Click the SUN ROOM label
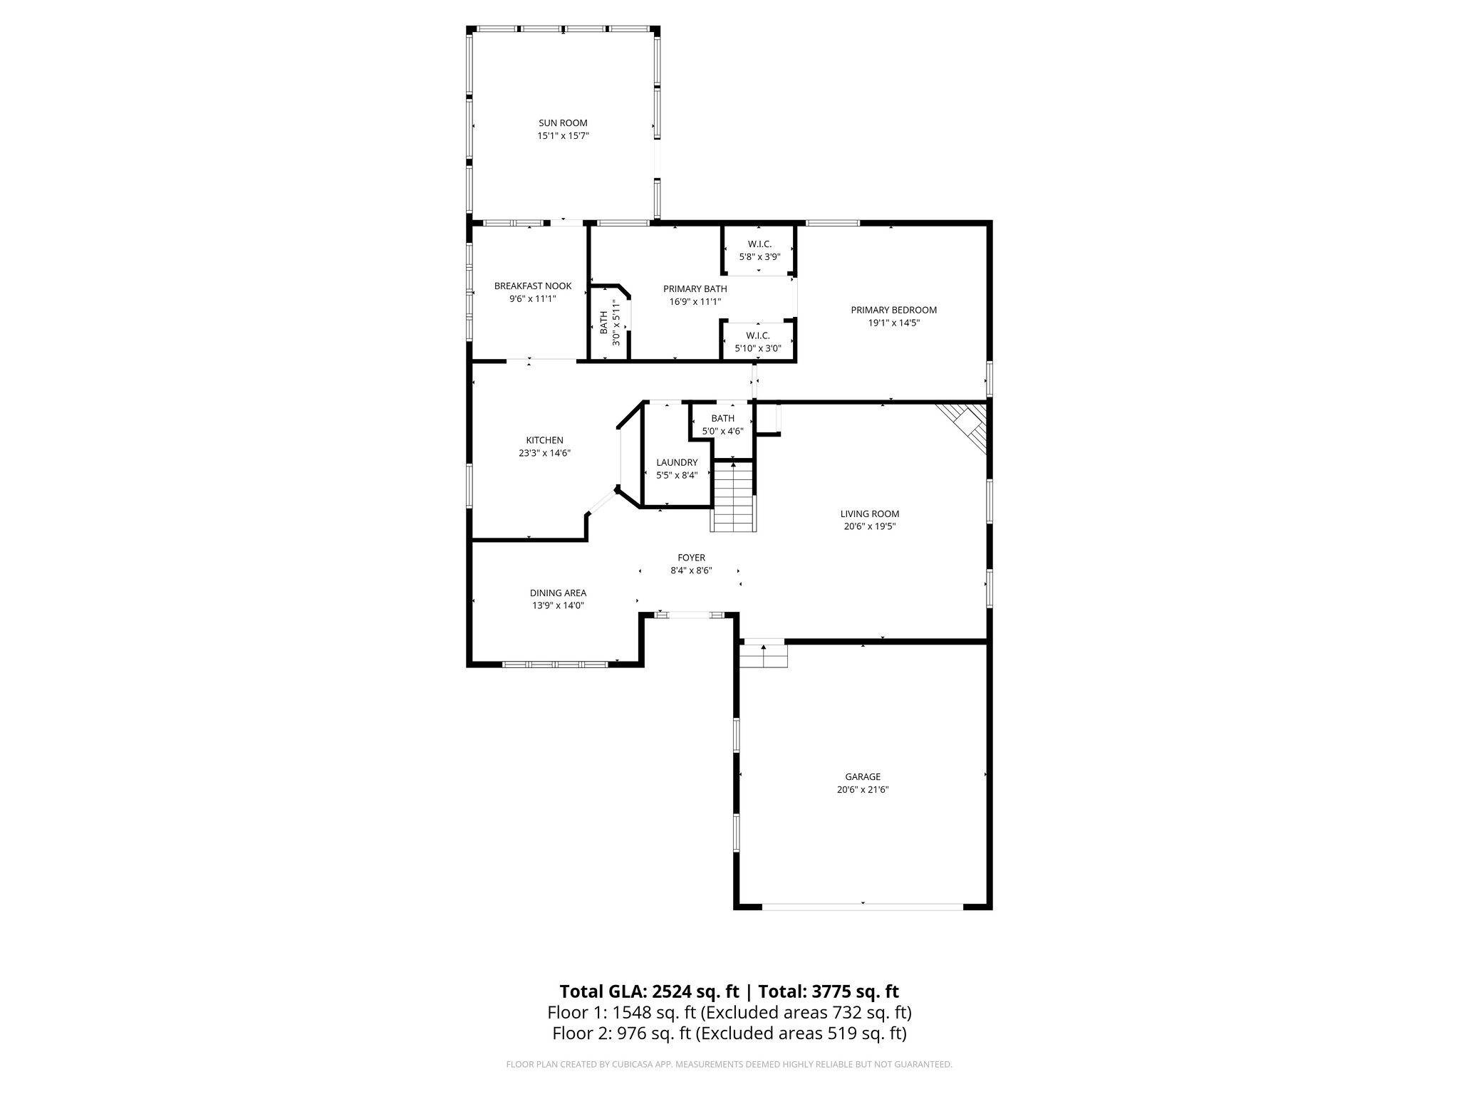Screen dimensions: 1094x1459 pyautogui.click(x=563, y=123)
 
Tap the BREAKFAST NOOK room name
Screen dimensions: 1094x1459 pyautogui.click(x=533, y=286)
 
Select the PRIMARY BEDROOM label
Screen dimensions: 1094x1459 pyautogui.click(x=893, y=310)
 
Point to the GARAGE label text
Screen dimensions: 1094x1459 pyautogui.click(x=863, y=777)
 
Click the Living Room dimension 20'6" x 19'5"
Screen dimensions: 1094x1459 pyautogui.click(x=869, y=526)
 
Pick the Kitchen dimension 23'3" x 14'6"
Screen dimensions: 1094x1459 pyautogui.click(x=544, y=453)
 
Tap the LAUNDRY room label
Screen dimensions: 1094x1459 pyautogui.click(x=677, y=462)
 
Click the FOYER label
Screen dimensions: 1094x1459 pyautogui.click(x=691, y=558)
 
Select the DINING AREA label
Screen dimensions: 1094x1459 pyautogui.click(x=558, y=593)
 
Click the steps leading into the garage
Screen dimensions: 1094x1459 pyautogui.click(x=764, y=655)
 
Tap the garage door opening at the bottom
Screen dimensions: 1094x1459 pyautogui.click(x=863, y=907)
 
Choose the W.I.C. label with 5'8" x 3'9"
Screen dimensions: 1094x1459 pyautogui.click(x=759, y=244)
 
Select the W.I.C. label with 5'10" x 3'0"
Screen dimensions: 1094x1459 pyautogui.click(x=758, y=335)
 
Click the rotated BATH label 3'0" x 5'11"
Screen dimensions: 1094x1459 pyautogui.click(x=604, y=323)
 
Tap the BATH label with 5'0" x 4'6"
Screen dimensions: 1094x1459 pyautogui.click(x=722, y=418)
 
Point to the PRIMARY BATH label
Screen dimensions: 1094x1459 pyautogui.click(x=695, y=288)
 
